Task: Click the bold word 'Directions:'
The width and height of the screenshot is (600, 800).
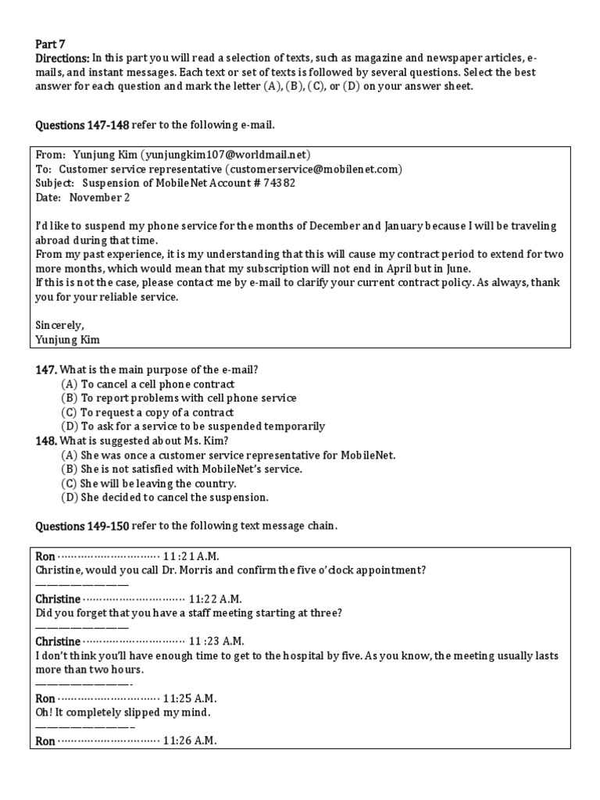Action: pos(63,59)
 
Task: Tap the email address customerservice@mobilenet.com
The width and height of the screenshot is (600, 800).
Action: pos(313,169)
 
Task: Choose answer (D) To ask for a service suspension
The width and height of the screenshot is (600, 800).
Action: pos(193,427)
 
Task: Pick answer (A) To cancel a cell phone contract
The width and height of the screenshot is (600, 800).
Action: pos(148,384)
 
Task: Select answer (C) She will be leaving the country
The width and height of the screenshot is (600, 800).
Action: pos(148,484)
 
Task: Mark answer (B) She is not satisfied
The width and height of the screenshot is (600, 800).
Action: pos(181,469)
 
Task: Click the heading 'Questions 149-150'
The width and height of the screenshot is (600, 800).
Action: pos(82,526)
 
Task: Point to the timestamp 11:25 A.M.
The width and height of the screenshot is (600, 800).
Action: pos(190,698)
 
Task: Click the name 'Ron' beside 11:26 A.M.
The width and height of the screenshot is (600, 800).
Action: pos(46,741)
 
